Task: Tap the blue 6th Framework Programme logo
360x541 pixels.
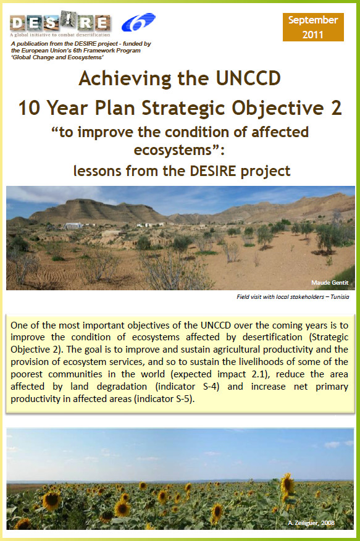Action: pos(138,22)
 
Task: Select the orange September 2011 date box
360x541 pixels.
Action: pos(313,27)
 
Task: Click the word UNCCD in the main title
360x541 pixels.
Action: pos(248,78)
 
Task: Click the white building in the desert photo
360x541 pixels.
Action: pos(73,225)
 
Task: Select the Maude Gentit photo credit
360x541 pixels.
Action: pos(330,283)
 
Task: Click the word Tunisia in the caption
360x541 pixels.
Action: pos(340,296)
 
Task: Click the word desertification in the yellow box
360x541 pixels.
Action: pos(272,337)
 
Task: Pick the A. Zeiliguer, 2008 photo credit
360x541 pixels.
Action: pos(311,522)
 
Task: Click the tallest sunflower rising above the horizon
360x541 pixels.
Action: pos(287,485)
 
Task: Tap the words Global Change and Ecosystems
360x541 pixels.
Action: pos(57,57)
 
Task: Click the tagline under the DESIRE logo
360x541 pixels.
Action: pos(60,35)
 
